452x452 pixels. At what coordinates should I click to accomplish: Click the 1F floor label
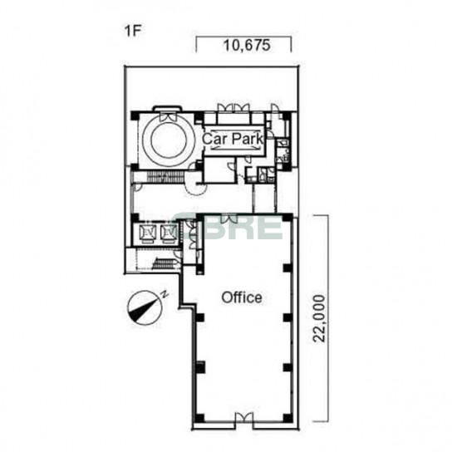point(133,31)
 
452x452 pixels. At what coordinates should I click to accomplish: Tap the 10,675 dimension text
point(247,45)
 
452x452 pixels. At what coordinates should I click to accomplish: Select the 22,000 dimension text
point(319,318)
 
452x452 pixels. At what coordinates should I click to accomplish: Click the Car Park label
point(233,139)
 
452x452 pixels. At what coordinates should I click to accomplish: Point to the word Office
point(242,297)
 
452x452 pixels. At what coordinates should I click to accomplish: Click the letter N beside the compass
point(165,295)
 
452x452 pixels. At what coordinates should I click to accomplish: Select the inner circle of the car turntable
point(169,142)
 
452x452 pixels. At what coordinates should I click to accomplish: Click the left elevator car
point(148,233)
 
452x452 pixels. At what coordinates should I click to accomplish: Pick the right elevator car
point(169,233)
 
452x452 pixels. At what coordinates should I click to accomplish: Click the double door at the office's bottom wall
point(244,417)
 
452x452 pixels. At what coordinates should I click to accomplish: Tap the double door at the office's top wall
point(229,219)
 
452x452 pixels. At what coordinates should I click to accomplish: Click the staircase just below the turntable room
point(165,176)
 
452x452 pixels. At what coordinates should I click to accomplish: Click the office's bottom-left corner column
point(199,418)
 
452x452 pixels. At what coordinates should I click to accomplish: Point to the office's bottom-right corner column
point(287,418)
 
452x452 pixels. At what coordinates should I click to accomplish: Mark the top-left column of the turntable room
point(135,115)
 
